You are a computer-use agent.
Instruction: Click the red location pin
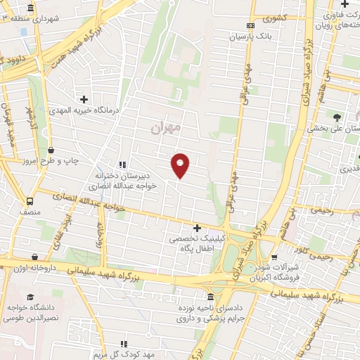click(x=180, y=166)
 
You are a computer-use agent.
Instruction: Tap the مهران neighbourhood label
click(x=167, y=127)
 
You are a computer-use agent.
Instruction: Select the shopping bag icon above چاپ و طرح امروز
click(x=51, y=150)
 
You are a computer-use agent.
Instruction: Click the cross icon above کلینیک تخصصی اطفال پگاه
click(x=197, y=228)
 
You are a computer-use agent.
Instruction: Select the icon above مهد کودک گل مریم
click(x=124, y=344)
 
